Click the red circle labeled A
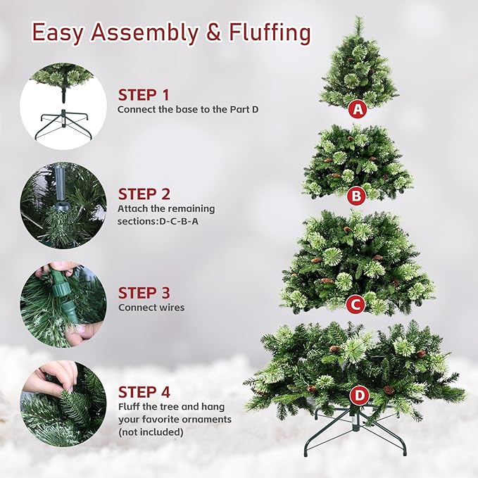point(358,109)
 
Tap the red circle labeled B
point(356,194)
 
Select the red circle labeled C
point(356,304)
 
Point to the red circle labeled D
point(360,396)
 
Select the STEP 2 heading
point(144,194)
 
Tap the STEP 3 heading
point(144,293)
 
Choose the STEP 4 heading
point(144,392)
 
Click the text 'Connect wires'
point(151,308)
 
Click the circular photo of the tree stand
point(63,106)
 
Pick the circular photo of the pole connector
point(63,206)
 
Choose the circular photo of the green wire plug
point(63,304)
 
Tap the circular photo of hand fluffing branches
point(63,403)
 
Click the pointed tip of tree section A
point(358,21)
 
